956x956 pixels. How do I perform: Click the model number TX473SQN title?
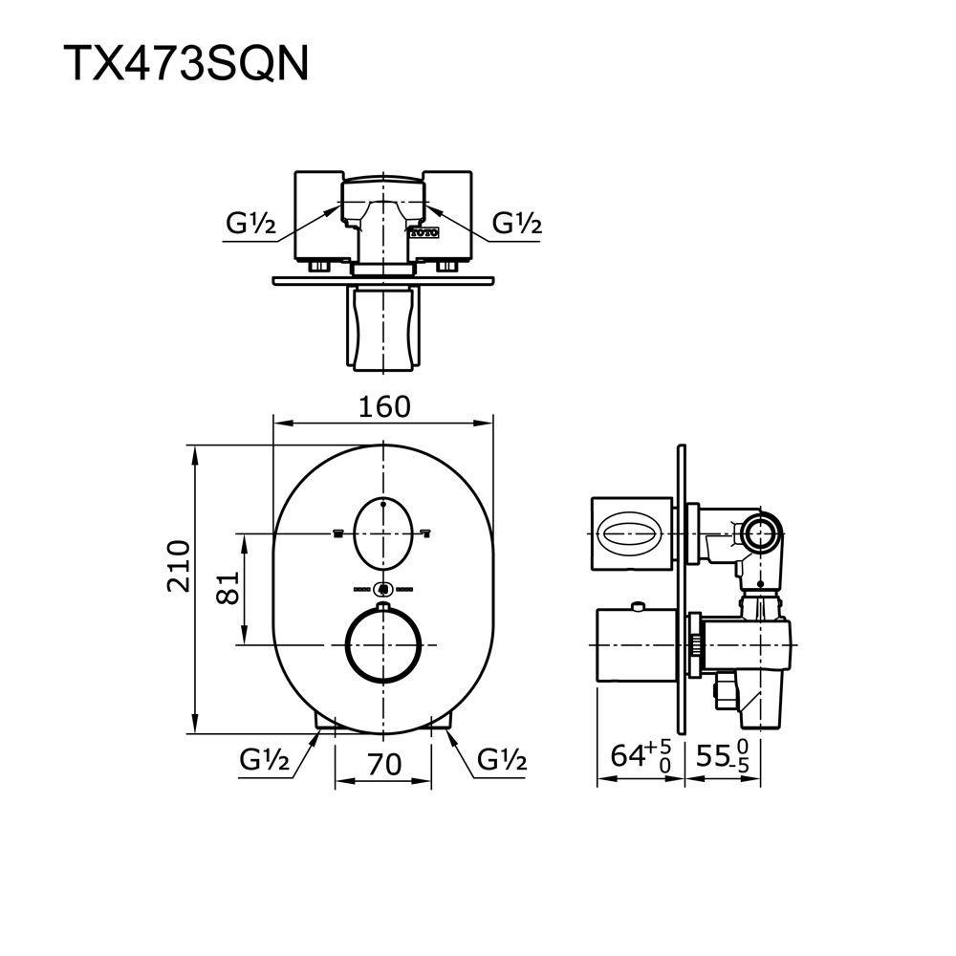click(186, 64)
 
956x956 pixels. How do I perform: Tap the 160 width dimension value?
click(383, 406)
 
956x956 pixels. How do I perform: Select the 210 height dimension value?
click(179, 565)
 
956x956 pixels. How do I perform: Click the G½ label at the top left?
click(250, 224)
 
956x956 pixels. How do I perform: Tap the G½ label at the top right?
click(517, 224)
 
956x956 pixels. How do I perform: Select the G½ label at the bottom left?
click(265, 761)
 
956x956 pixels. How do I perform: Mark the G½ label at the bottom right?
click(502, 761)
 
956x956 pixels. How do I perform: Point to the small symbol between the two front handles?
click(382, 589)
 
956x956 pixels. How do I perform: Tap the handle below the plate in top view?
click(382, 329)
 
